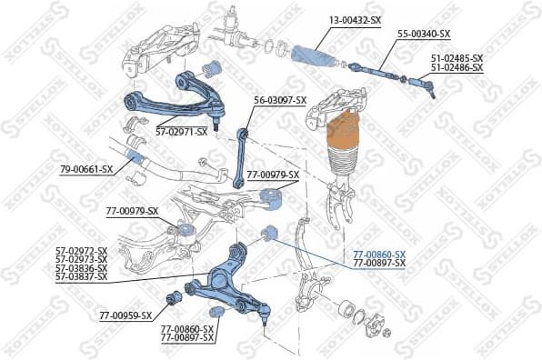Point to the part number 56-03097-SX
(x=280, y=100)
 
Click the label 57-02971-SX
(x=181, y=131)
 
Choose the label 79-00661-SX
(x=86, y=168)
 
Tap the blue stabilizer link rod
(x=241, y=155)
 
